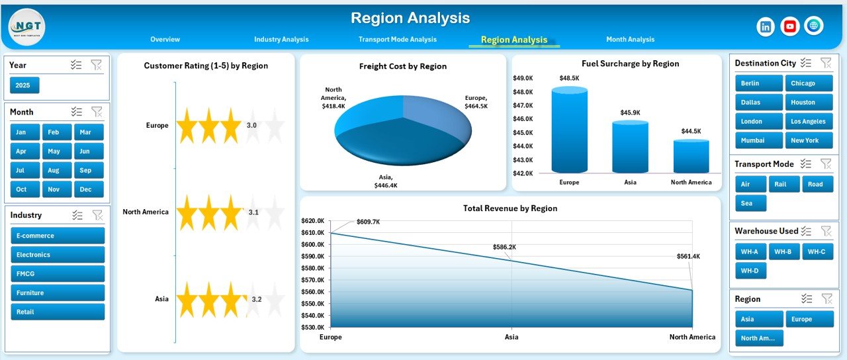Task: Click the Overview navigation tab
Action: [165, 40]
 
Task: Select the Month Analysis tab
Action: [630, 40]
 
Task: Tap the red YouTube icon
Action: [789, 26]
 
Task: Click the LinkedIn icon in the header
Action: [766, 26]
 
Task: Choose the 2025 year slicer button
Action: [24, 85]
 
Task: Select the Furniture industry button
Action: [58, 292]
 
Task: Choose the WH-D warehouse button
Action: [750, 270]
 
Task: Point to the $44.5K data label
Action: [691, 131]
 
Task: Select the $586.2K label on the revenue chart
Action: [504, 247]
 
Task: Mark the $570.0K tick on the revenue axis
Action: [312, 280]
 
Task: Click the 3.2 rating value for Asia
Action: [257, 300]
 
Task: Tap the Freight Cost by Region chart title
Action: [402, 66]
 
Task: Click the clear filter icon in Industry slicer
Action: [97, 215]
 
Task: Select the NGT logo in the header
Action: [26, 27]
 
